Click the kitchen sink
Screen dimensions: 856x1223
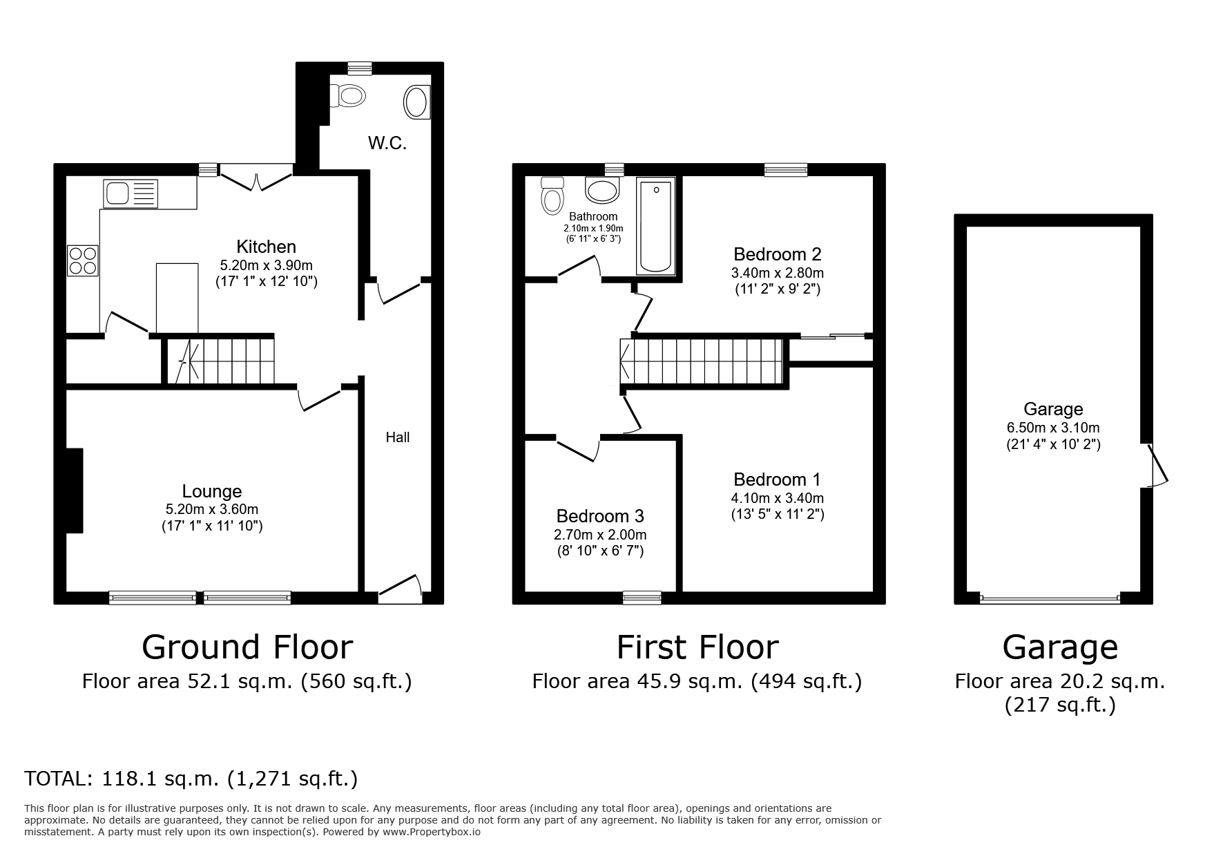(x=131, y=193)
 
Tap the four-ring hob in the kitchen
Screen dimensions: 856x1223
(x=82, y=260)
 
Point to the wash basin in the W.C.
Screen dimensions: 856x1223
(x=416, y=102)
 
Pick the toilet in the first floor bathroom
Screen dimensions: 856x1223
(x=552, y=196)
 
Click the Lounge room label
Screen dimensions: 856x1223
(x=211, y=491)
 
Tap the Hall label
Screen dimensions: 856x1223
(x=397, y=437)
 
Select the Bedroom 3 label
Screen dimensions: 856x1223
(x=599, y=516)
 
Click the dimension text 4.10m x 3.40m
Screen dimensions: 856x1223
(x=778, y=497)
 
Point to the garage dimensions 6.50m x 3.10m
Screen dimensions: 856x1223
(x=1052, y=427)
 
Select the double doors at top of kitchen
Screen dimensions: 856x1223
(x=256, y=178)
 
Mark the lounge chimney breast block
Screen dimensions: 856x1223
(x=74, y=491)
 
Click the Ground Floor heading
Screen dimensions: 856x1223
(x=247, y=647)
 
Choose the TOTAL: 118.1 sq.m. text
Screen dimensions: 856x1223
(x=191, y=779)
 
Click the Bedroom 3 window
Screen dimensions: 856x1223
(x=642, y=598)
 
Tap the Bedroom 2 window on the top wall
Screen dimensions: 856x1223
(x=785, y=170)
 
